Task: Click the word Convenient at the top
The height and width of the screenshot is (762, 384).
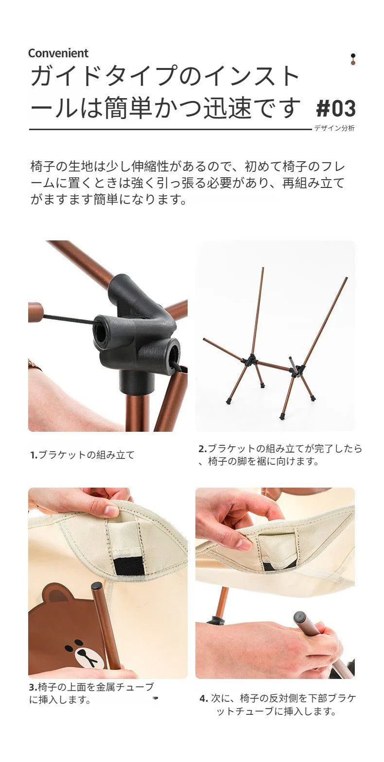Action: pos(58,53)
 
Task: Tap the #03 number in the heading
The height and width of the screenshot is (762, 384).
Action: pos(336,108)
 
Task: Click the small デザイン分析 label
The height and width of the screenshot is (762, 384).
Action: pos(334,128)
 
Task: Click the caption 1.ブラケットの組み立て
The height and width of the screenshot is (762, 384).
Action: pos(82,455)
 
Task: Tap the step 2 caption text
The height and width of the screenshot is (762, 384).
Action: pos(280,455)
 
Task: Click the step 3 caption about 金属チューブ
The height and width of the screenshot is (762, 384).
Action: pos(91,693)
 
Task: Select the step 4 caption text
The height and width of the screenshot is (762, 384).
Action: pos(278,705)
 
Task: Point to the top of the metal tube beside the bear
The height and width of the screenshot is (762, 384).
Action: pos(97,586)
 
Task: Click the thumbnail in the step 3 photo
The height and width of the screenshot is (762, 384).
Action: pos(110,511)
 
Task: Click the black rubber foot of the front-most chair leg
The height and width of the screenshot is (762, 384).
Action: pos(282,416)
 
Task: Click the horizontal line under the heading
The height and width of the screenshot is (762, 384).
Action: pos(170,130)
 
